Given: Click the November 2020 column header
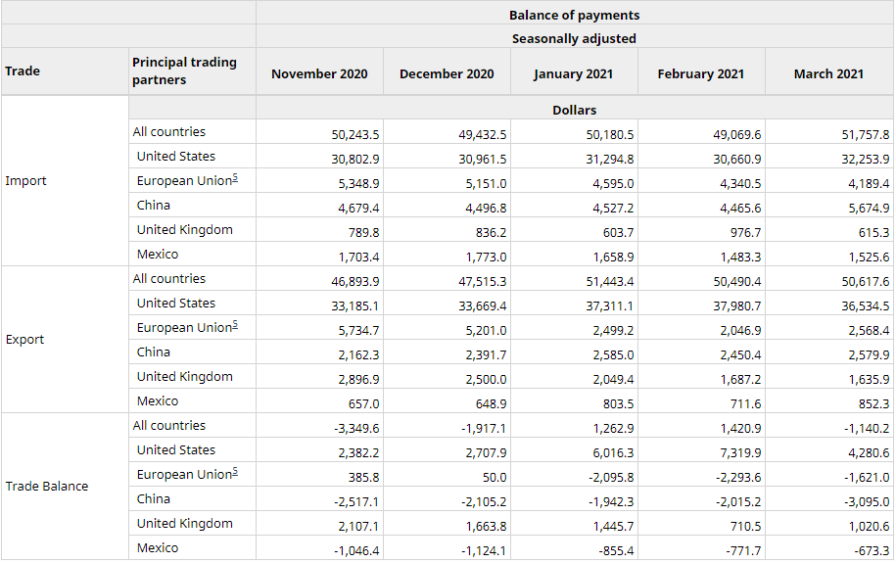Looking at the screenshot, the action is click(x=319, y=73).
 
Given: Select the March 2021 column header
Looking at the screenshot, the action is click(x=828, y=73).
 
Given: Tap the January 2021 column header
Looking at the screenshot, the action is click(x=573, y=74).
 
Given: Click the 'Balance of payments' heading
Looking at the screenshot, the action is click(x=574, y=15).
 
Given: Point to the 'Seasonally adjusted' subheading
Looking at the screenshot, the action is click(x=574, y=38).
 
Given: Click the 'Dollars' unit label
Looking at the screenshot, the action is click(x=574, y=110).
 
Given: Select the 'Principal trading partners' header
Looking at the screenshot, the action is click(x=184, y=70).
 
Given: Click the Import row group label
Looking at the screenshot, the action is click(x=25, y=180).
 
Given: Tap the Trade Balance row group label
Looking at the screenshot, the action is click(x=47, y=486).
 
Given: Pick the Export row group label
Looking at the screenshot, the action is click(x=24, y=339).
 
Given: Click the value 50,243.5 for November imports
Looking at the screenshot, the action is click(x=354, y=134).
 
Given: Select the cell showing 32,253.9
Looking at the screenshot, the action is click(x=865, y=159).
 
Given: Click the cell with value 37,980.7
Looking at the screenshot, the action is click(x=737, y=305).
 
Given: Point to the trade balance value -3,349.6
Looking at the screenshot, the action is click(x=356, y=428).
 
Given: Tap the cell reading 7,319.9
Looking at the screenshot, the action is click(x=740, y=452).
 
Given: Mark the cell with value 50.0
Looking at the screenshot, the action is click(x=495, y=477).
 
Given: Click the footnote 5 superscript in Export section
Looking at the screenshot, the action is click(x=235, y=325).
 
